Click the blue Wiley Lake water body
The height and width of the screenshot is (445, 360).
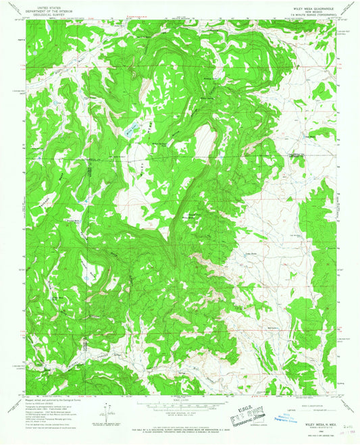(x=131, y=128)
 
